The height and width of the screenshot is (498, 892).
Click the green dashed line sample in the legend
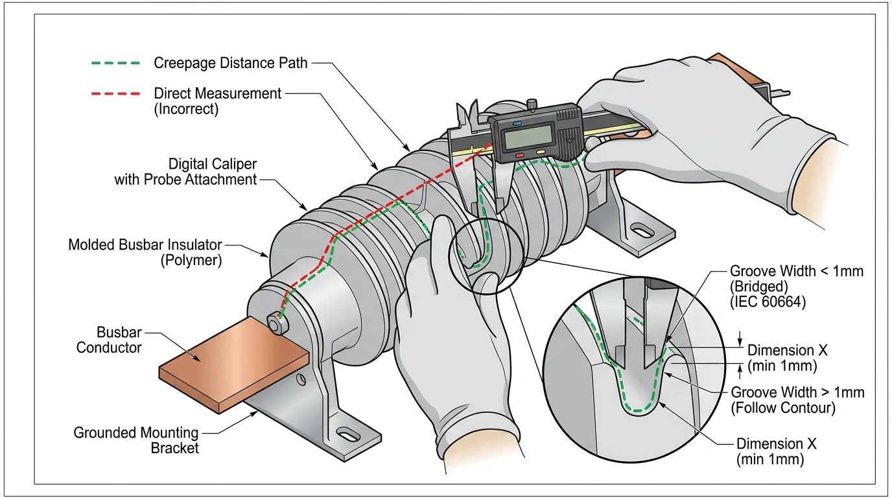(115, 64)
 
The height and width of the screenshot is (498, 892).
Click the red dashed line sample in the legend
(115, 94)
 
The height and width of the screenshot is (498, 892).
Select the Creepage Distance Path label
(230, 63)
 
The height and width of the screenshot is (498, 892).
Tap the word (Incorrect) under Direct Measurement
(186, 110)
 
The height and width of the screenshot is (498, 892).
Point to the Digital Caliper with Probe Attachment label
(186, 171)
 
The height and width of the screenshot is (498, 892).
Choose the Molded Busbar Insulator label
(145, 245)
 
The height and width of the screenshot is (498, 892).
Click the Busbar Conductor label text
(109, 340)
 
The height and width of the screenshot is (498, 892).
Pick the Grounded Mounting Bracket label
(135, 440)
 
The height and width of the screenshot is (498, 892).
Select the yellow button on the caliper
(541, 154)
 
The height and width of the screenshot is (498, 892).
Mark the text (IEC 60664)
(768, 302)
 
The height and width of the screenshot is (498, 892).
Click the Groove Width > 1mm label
(797, 392)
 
